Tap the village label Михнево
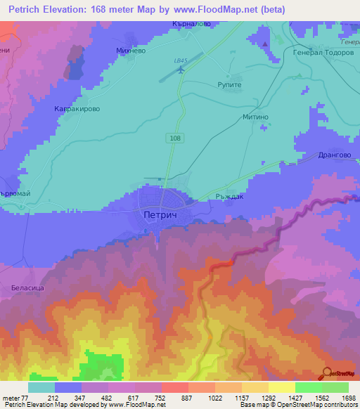click(131, 51)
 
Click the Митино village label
click(256, 117)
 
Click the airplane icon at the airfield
click(182, 70)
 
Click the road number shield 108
click(174, 138)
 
